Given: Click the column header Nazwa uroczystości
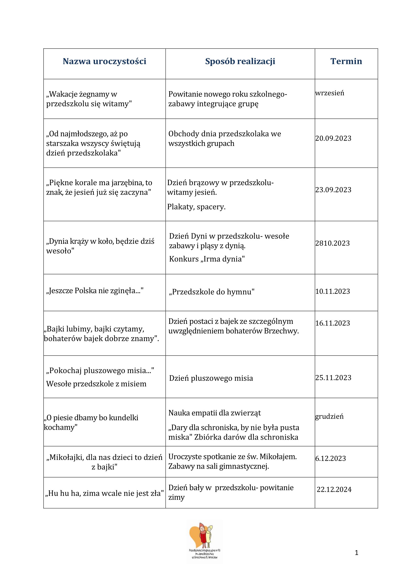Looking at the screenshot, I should (104, 61).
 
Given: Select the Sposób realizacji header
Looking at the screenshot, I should (240, 61).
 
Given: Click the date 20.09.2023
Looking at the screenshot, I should (333, 138).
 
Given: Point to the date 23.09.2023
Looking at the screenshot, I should (333, 190).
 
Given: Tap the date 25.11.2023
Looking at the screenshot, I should (333, 378).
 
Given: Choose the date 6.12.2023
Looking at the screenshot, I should (330, 458).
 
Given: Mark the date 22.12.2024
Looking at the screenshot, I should (334, 490).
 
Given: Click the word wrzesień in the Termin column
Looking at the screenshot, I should (329, 93).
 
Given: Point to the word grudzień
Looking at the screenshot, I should (329, 416).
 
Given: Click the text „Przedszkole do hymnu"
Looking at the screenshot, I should (212, 292).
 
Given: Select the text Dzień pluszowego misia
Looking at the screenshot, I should (211, 378).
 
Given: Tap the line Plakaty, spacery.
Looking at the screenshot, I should (196, 207).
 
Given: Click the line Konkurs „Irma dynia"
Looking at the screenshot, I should (207, 259).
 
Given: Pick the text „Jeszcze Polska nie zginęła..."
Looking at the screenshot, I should (95, 291).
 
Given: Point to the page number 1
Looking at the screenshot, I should (356, 553).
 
